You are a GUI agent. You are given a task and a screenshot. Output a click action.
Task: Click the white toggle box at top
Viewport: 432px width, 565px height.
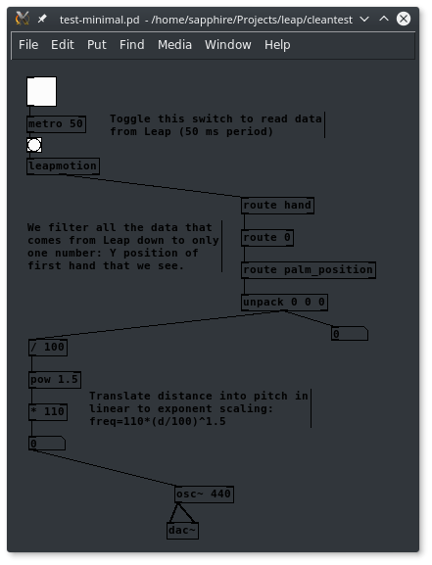[41, 91]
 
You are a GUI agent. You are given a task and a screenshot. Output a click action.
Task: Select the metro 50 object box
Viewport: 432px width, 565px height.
[56, 124]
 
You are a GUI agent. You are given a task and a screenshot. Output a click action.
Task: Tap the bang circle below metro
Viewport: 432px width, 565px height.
[34, 145]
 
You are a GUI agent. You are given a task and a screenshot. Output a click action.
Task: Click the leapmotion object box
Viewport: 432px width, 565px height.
[63, 166]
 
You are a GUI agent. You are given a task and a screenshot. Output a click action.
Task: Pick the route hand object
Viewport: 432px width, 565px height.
[277, 206]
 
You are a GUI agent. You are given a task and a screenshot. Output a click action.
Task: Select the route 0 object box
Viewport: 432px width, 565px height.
[267, 238]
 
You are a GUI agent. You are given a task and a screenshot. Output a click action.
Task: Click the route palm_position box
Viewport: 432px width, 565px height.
[309, 270]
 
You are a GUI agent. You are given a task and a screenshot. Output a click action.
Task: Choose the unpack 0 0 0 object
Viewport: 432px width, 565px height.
[284, 303]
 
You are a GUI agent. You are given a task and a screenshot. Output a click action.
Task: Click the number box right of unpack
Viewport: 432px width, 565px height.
[350, 334]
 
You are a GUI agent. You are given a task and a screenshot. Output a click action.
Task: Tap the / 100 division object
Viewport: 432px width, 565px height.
[48, 348]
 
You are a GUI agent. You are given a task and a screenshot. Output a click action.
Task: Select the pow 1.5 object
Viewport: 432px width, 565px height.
[55, 380]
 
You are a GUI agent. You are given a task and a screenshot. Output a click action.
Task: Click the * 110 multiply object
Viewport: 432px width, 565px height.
[48, 412]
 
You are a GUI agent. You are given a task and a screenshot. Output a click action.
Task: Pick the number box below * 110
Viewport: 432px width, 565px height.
[47, 444]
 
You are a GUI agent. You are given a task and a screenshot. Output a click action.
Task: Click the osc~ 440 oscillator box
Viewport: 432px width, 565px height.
[204, 494]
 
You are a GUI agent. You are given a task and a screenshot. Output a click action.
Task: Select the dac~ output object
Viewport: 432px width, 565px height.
[182, 531]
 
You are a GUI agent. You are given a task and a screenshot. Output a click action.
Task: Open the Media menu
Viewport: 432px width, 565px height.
[174, 45]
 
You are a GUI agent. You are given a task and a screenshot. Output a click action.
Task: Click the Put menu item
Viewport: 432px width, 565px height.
[97, 45]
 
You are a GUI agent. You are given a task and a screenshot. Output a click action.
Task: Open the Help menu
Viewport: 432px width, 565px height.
[277, 45]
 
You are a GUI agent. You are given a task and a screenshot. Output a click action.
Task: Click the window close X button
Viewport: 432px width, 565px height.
[404, 19]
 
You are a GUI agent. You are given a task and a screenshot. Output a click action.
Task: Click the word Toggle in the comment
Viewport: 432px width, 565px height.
[130, 118]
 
